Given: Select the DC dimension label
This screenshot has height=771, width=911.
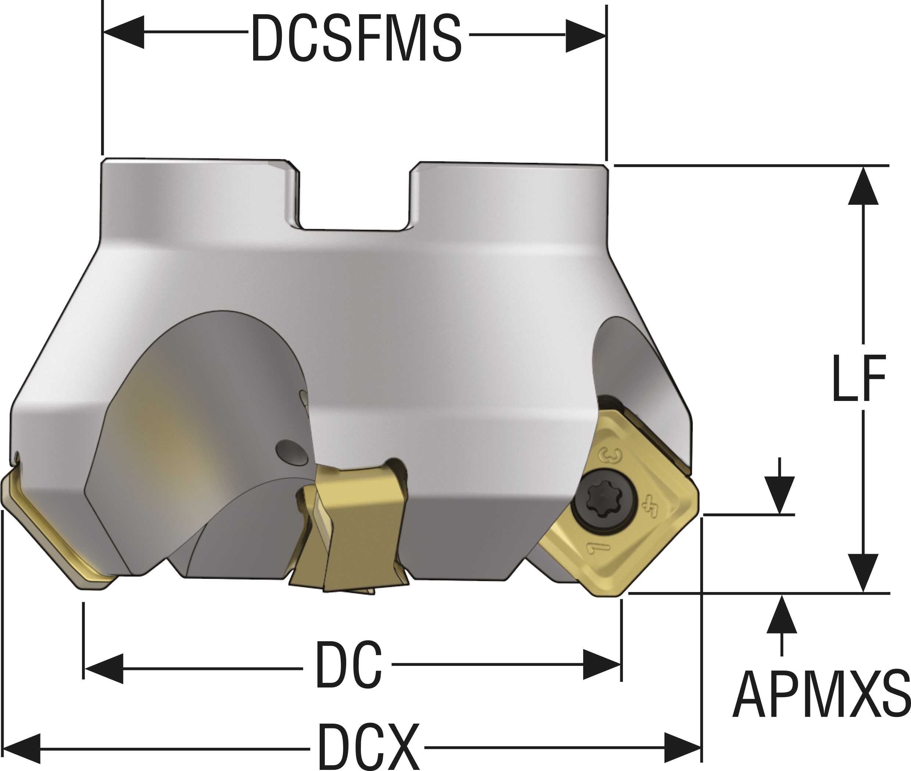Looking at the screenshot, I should pos(348,665).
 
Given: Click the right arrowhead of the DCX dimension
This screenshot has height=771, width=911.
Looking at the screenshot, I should pos(682,748).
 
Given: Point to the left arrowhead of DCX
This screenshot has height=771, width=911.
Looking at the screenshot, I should pos(22,748).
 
